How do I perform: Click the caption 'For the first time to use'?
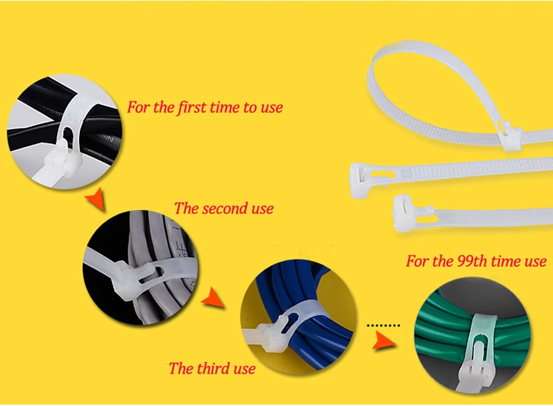tap(205, 107)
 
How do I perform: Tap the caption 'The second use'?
tap(223, 208)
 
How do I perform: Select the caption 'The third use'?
tap(212, 369)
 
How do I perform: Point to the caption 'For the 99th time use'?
tap(476, 261)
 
